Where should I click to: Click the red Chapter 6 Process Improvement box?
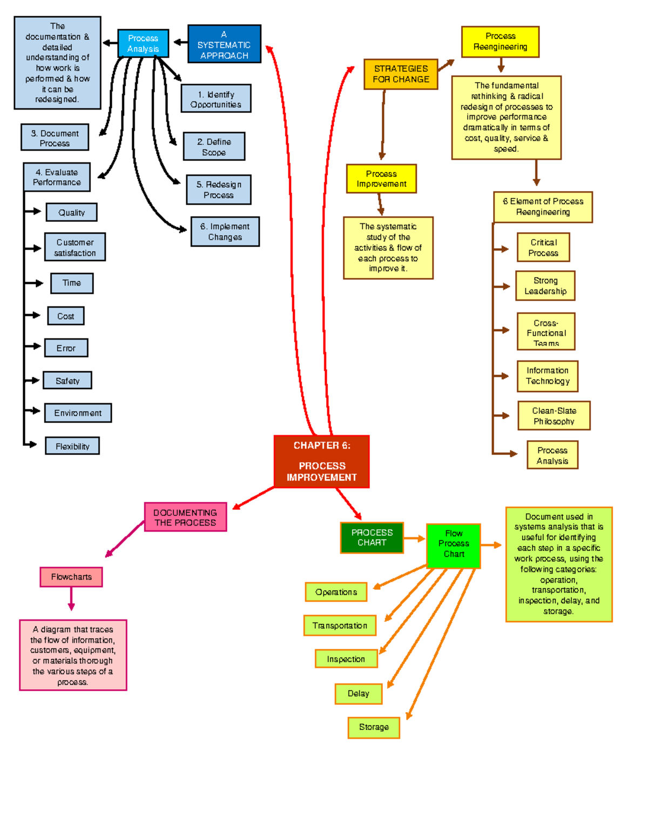point(321,461)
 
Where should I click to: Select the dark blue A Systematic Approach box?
point(224,44)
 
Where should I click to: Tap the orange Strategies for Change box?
point(400,74)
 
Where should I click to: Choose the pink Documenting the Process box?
point(185,517)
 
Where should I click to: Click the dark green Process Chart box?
point(372,537)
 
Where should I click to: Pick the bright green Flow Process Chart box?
point(453,546)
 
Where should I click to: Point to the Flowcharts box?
point(71,577)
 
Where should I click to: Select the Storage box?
point(374,727)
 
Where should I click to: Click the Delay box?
point(358,693)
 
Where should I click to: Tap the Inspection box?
point(346,659)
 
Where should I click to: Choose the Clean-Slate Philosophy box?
point(553,415)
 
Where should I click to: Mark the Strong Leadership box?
point(545,286)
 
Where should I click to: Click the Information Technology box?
point(548,376)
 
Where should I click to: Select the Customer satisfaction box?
point(75,247)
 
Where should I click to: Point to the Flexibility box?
point(72,446)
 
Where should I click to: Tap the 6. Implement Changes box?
point(225,231)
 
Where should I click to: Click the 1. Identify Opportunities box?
point(216,99)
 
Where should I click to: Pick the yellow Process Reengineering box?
point(500,42)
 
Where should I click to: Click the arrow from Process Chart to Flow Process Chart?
point(414,538)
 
